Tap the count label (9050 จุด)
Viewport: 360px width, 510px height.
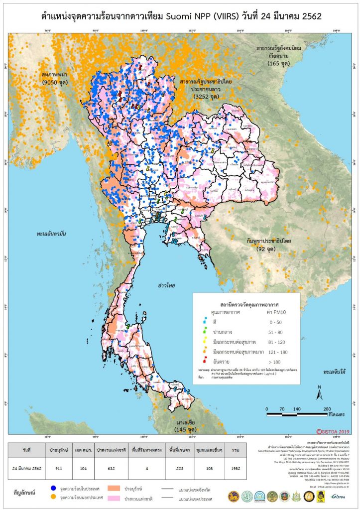coord(56,82)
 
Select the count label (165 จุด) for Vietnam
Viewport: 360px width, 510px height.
coord(281,64)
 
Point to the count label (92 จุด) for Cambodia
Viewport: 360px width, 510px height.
coord(269,248)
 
